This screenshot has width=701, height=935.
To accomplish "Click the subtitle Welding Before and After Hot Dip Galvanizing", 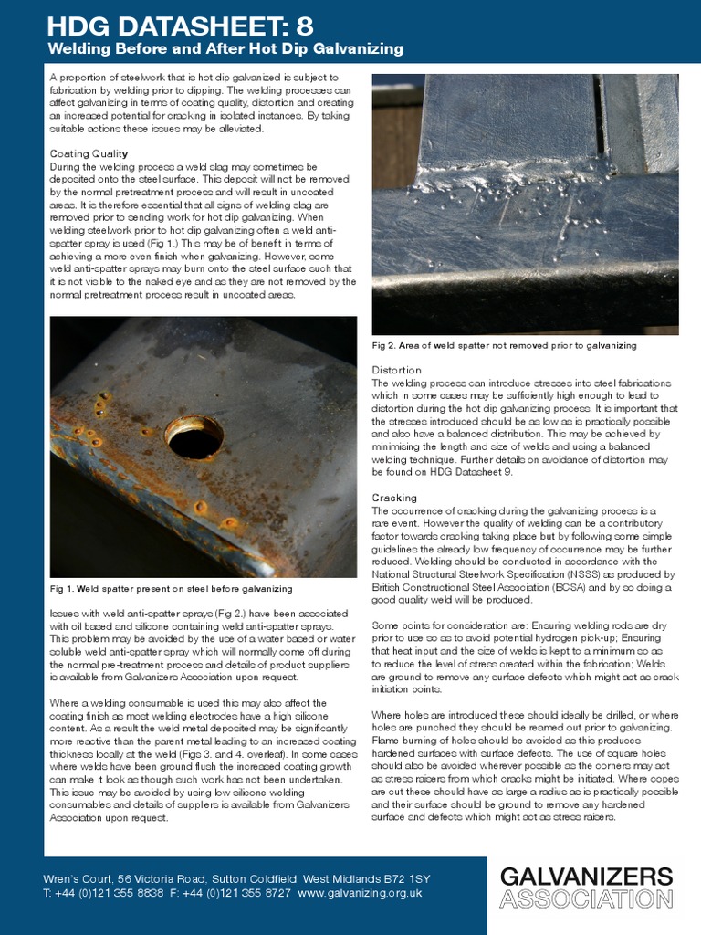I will pos(225,48).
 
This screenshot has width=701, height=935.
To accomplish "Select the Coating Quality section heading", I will pos(89,153).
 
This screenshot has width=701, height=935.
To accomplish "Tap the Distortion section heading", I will pos(396,370).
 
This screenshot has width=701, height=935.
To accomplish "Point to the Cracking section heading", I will pos(394,498).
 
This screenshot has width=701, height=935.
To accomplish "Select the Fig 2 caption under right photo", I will pos(504,346).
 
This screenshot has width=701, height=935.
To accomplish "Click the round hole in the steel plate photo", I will pos(194,436).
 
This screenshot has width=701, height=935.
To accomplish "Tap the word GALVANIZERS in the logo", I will pos(586,877).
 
